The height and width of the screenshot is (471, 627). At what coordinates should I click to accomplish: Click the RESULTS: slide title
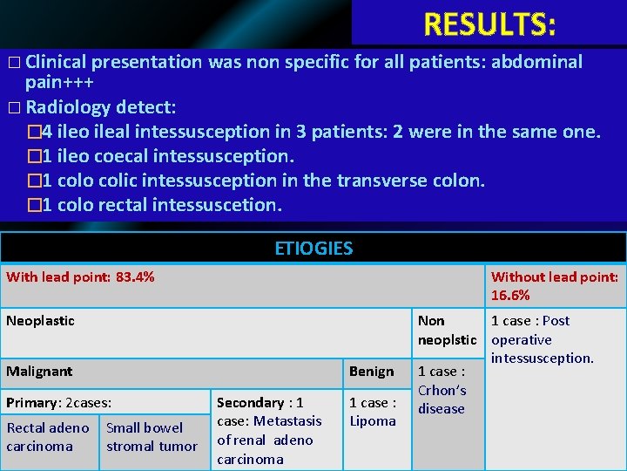[489, 24]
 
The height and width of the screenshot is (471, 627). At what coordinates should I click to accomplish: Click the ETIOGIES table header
[313, 249]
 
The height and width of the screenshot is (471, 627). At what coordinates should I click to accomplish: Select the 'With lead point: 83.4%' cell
[81, 277]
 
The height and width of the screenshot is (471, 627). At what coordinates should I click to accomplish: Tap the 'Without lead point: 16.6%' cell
[555, 286]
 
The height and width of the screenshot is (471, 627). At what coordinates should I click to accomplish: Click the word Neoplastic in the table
[41, 321]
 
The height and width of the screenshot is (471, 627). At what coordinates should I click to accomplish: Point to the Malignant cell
[39, 372]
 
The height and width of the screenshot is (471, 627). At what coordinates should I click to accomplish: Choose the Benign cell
[372, 372]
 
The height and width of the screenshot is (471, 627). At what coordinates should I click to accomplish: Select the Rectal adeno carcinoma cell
[48, 437]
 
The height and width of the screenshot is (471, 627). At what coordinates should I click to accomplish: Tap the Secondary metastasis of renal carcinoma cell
[269, 431]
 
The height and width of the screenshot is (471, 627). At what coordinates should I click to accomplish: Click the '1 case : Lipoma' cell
[373, 412]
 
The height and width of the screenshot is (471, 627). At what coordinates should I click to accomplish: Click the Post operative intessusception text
[542, 339]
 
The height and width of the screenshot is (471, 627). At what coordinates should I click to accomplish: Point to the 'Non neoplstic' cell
[447, 330]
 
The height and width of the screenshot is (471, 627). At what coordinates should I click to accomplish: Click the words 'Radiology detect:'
[101, 108]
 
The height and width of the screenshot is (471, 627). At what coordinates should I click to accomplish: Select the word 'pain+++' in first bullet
[60, 83]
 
